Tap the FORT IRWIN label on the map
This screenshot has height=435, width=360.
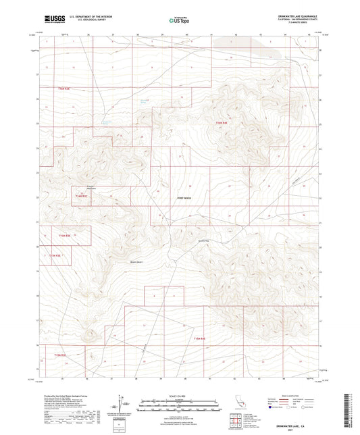184,198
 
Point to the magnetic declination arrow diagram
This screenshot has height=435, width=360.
121,404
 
